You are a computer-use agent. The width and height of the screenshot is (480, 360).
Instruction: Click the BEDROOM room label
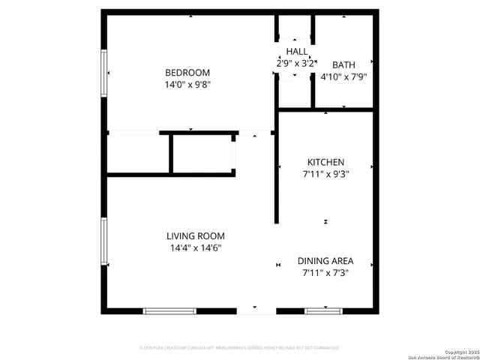point(187,73)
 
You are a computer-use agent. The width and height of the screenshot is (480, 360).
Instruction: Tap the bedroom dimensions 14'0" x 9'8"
point(187,85)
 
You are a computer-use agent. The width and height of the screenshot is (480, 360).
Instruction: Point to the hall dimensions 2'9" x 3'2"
point(295,64)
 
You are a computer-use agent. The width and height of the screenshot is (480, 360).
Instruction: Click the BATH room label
point(343,64)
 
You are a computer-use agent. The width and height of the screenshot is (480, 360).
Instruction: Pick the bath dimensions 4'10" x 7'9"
point(343,76)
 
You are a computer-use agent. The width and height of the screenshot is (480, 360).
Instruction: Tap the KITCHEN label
point(325,162)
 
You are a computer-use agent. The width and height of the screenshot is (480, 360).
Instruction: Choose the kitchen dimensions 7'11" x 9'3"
point(325,174)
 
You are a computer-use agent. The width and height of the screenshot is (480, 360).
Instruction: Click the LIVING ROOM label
point(195,236)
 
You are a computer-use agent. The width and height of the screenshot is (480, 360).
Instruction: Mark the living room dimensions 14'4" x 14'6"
point(195,248)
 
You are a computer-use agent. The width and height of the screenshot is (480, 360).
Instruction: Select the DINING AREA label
point(325,261)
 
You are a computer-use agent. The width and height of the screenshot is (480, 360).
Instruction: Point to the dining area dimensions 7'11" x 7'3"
point(325,273)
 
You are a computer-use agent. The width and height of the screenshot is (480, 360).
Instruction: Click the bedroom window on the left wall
point(105,73)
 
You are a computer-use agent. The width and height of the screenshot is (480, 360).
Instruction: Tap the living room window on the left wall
point(105,241)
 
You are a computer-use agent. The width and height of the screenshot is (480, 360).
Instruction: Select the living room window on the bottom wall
point(169,310)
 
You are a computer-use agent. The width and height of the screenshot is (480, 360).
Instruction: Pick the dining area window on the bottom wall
point(323,310)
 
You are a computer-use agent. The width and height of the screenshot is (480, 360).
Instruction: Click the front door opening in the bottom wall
point(256,310)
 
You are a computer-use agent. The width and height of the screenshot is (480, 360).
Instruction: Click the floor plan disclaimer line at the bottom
point(240,348)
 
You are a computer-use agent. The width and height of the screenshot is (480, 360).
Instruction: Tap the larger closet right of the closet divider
point(202,154)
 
